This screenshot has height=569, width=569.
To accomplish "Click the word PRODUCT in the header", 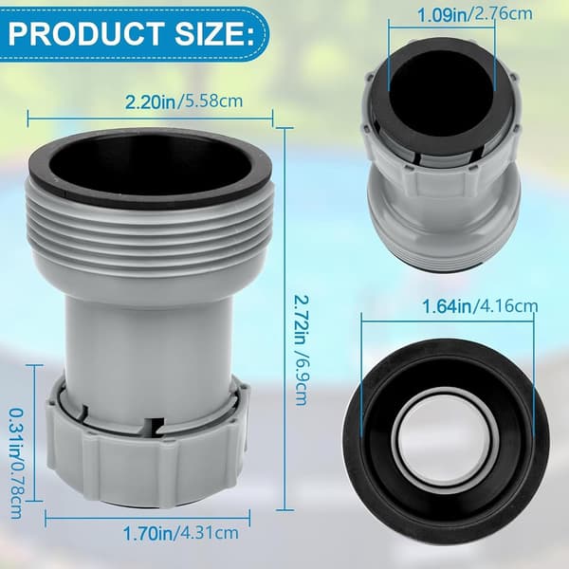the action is tap(85, 33).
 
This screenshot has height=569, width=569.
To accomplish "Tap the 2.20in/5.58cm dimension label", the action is tap(184, 101).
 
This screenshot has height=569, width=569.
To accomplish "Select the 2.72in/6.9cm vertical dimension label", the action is tap(301, 349).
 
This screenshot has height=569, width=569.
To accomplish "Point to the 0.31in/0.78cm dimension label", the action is tap(16, 464).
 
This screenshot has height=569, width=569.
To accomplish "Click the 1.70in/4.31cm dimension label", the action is tap(181, 533).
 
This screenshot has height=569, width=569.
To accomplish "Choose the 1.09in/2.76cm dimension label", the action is tap(475, 14).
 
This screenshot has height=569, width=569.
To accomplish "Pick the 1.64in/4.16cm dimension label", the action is tap(480, 307).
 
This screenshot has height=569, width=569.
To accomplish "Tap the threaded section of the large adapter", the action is tap(151, 232).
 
